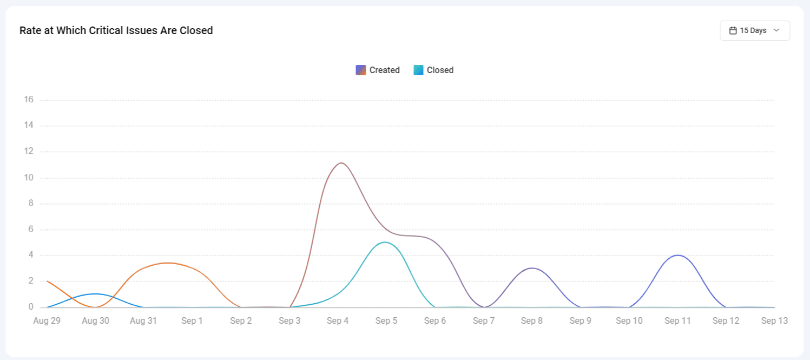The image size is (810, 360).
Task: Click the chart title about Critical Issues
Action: click(116, 31)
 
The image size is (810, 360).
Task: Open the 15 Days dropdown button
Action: click(754, 31)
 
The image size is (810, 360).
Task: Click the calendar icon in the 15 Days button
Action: click(733, 31)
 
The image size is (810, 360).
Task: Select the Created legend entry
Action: click(378, 70)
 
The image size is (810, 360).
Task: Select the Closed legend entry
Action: click(433, 70)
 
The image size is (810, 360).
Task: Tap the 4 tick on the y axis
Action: click(31, 255)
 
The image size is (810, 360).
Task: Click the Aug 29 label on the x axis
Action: click(47, 320)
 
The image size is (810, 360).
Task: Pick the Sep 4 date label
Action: click(338, 320)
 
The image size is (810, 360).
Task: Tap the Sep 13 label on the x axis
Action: click(774, 320)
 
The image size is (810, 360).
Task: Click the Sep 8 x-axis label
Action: click(532, 320)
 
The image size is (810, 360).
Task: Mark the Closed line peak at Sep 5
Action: click(385, 242)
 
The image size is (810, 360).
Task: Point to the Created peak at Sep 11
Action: click(677, 255)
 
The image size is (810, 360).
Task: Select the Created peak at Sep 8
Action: click(532, 268)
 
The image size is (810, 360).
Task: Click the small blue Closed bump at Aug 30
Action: click(95, 294)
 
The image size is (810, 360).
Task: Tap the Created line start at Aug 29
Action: click(48, 282)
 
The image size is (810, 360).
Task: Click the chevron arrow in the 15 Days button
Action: click(776, 31)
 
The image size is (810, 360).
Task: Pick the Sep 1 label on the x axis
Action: click(192, 320)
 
